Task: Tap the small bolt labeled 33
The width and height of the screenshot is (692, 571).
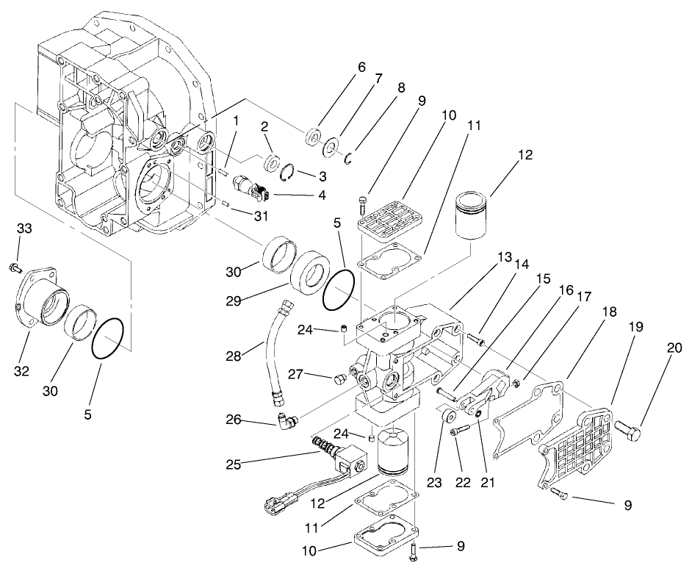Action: (x=15, y=267)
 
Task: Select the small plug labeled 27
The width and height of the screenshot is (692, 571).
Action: (x=339, y=378)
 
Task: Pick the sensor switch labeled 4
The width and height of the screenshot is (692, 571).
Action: (x=249, y=187)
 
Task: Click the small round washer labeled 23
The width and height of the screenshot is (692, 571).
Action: (x=446, y=418)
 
